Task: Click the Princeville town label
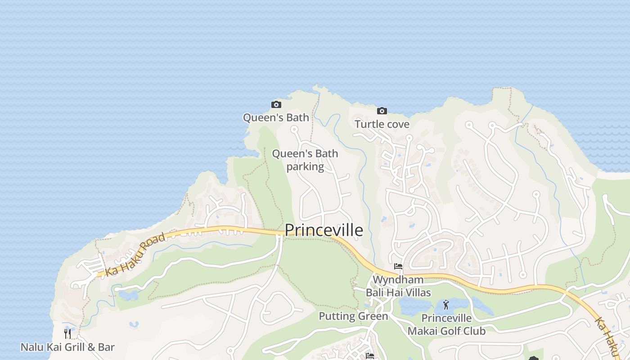[324, 230]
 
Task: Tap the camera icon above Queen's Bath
[276, 105]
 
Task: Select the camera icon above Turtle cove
[382, 111]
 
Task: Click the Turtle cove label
[382, 124]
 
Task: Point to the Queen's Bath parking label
[305, 160]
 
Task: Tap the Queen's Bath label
[276, 118]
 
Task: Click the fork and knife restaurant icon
[67, 333]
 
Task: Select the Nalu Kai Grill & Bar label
[67, 347]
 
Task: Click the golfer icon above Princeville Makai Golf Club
[446, 305]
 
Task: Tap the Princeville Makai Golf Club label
[446, 325]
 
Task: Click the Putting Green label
[353, 316]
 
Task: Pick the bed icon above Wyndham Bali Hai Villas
[398, 266]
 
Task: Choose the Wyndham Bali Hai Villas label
[398, 286]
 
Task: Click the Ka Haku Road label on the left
[135, 254]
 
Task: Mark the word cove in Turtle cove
[398, 124]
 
